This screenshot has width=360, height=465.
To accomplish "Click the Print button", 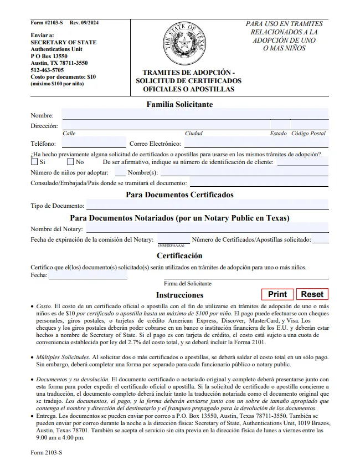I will [x=277, y=294].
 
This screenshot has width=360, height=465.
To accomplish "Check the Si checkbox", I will [x=34, y=162].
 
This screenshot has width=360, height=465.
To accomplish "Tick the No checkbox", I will [x=70, y=162].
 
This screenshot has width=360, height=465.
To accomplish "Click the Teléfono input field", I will [x=94, y=144].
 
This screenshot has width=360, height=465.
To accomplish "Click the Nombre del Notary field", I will [x=207, y=228].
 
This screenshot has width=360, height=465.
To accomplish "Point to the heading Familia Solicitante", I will [x=179, y=104].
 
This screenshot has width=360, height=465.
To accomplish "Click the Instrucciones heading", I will [x=179, y=295].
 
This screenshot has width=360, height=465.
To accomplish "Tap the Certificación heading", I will [x=179, y=256].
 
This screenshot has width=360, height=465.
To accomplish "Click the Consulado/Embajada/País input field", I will [x=259, y=182].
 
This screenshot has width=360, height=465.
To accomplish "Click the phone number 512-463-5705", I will [x=47, y=70].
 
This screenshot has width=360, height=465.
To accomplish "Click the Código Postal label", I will [x=308, y=134].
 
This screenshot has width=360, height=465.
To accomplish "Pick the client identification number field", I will [x=302, y=162].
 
